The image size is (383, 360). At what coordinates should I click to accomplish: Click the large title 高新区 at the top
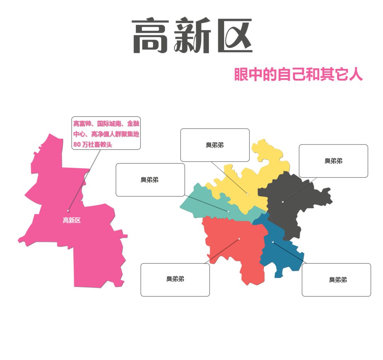click(191, 36)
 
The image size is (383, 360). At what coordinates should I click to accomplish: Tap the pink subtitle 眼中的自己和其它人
click(298, 74)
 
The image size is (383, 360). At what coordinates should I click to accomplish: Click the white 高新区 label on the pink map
click(72, 220)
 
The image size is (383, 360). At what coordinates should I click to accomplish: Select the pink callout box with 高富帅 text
click(106, 133)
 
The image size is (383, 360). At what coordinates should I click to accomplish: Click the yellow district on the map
click(262, 170)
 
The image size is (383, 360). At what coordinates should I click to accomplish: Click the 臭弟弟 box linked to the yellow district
click(215, 145)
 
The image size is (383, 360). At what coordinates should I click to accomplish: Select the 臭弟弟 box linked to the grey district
click(333, 161)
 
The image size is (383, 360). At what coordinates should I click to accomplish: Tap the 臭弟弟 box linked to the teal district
click(150, 180)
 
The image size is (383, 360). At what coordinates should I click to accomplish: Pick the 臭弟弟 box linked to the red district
click(175, 279)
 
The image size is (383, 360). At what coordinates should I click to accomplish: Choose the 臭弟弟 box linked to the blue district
click(336, 280)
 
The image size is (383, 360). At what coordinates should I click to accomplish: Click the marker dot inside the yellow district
click(248, 194)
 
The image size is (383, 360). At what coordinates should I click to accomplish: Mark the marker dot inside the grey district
click(283, 202)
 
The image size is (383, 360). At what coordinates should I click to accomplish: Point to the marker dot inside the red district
click(239, 239)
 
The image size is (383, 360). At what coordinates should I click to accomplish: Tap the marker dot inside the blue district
click(273, 242)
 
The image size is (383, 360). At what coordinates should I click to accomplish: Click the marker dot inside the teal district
click(228, 212)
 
